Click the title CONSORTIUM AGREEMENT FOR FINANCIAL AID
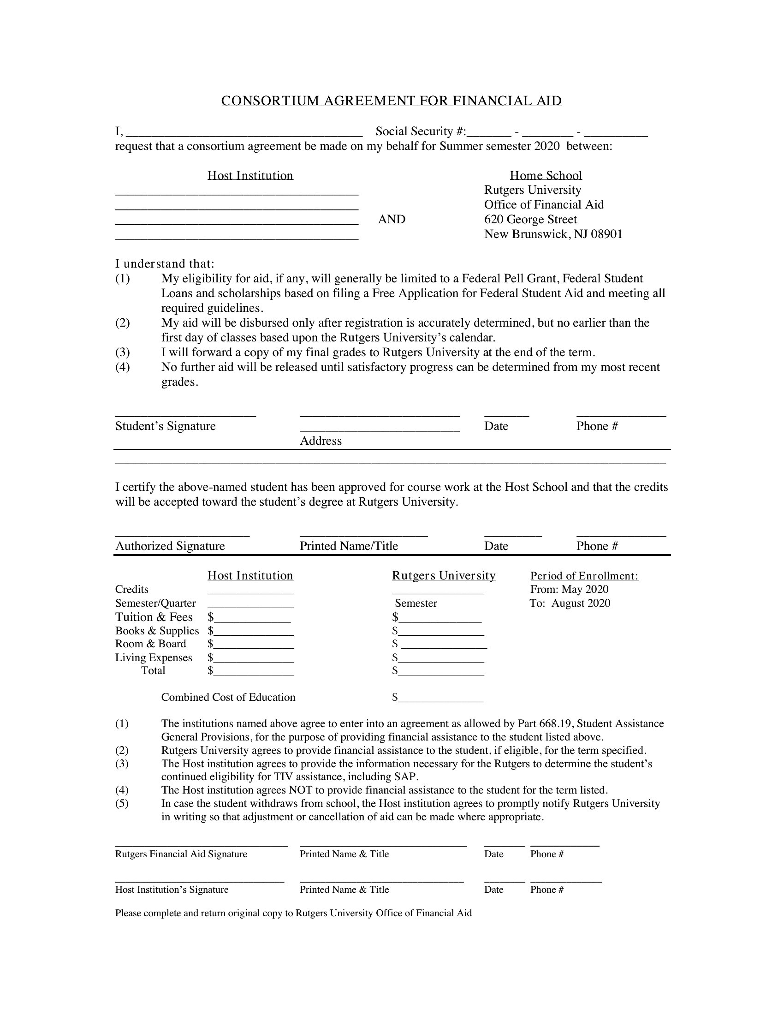pyautogui.click(x=392, y=101)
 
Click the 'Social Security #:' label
pyautogui.click(x=421, y=131)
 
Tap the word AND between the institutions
pyautogui.click(x=392, y=219)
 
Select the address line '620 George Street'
pyautogui.click(x=530, y=219)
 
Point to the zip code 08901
pyautogui.click(x=606, y=234)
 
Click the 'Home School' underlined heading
pyautogui.click(x=546, y=175)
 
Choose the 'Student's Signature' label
pyautogui.click(x=166, y=426)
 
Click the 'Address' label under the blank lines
pyautogui.click(x=321, y=441)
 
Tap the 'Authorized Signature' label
pyautogui.click(x=170, y=546)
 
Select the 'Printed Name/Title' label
pyautogui.click(x=349, y=546)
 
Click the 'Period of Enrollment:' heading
pyautogui.click(x=584, y=576)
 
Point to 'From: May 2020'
pyautogui.click(x=570, y=589)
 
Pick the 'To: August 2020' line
pyautogui.click(x=570, y=603)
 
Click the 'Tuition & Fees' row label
pyautogui.click(x=154, y=617)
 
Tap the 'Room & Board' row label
pyautogui.click(x=150, y=644)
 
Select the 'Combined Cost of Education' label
pyautogui.click(x=228, y=697)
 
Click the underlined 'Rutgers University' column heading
pyautogui.click(x=444, y=576)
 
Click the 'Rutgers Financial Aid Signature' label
pyautogui.click(x=181, y=854)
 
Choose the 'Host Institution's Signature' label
pyautogui.click(x=172, y=890)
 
